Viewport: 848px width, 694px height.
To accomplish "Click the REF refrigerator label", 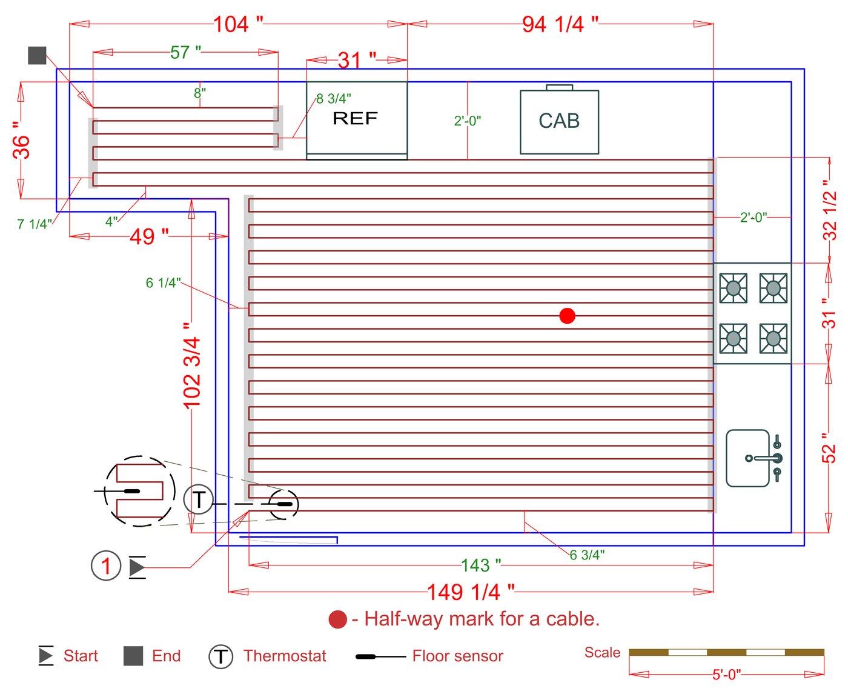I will coord(355,118).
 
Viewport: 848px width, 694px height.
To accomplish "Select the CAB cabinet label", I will coord(559,121).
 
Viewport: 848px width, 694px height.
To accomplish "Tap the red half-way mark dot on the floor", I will coord(567,316).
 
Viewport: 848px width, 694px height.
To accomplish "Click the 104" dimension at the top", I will coord(238,24).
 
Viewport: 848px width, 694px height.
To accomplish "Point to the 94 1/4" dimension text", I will coord(560,24).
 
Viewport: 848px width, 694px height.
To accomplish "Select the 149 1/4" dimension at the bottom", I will coord(471,592).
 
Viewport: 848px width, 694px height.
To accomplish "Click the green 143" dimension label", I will coord(481,566).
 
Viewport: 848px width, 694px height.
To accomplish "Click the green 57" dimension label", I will coord(185,53).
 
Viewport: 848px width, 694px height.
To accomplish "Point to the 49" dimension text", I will coord(149,236).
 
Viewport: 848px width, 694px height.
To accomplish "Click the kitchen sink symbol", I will coord(753,458).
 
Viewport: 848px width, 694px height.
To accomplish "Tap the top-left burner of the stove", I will coord(733,288).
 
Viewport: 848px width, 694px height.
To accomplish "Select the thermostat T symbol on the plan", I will coord(198,500).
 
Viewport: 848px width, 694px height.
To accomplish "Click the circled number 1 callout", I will coord(106,566).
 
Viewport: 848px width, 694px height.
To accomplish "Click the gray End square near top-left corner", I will coord(37,56).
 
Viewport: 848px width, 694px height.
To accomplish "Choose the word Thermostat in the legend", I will coord(285,656).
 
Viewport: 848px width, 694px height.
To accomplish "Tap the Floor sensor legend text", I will coord(457,656).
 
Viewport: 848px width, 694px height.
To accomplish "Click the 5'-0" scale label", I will coord(726,674).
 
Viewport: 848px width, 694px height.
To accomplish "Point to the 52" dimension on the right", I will coord(828,448).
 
